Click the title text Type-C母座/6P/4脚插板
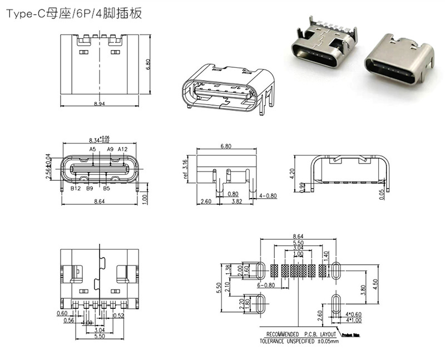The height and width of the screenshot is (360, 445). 75,14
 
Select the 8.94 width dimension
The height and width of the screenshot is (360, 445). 98,103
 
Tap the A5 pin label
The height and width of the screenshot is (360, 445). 93,149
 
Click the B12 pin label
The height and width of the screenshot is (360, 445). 76,189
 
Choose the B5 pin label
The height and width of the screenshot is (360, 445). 107,189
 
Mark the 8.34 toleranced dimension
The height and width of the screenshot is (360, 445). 98,140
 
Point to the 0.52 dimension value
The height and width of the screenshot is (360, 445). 118,316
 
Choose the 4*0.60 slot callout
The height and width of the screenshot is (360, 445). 353,314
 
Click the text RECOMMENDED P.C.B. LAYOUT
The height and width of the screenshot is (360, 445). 299,334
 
